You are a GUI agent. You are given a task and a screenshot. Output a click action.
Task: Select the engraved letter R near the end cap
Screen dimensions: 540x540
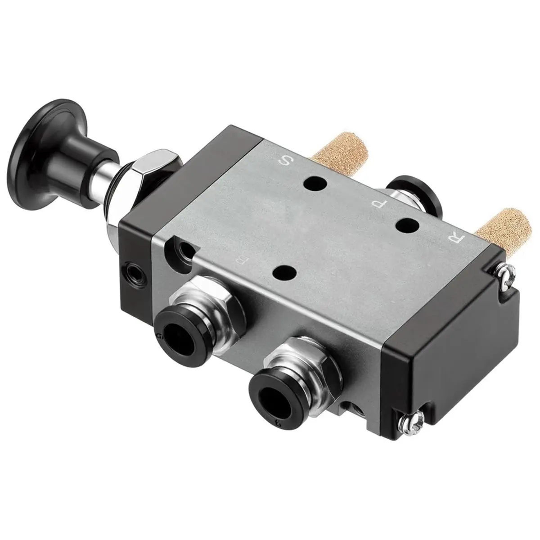454,238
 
